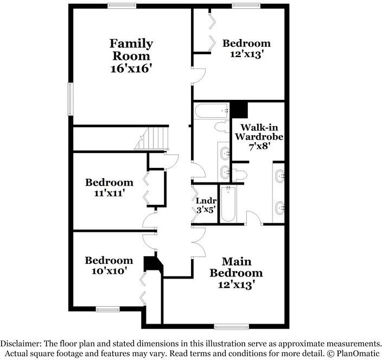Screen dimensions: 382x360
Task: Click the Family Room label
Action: point(131,50)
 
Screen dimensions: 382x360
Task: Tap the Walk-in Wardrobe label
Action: point(259,132)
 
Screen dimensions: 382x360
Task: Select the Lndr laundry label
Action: point(206,201)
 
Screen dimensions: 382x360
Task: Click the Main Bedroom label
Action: point(236,267)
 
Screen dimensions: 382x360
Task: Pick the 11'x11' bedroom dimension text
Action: point(110,193)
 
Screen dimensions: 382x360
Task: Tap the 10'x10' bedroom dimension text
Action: point(109,271)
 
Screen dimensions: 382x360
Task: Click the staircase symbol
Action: point(151,138)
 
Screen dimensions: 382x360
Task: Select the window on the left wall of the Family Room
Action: point(71,99)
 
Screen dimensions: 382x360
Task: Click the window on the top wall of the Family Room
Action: point(122,6)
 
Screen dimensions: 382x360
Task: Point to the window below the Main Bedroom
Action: point(232,327)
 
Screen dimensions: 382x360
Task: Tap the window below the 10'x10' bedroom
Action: point(107,310)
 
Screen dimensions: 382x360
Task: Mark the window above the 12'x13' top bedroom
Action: point(246,6)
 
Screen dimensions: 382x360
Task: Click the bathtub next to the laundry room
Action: point(228,204)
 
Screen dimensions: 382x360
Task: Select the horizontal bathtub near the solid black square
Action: point(212,111)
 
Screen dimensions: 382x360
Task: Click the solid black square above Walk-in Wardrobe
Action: point(239,110)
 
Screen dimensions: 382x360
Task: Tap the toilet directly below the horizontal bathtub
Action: point(222,127)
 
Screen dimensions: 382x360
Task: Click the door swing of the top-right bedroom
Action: point(199,76)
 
